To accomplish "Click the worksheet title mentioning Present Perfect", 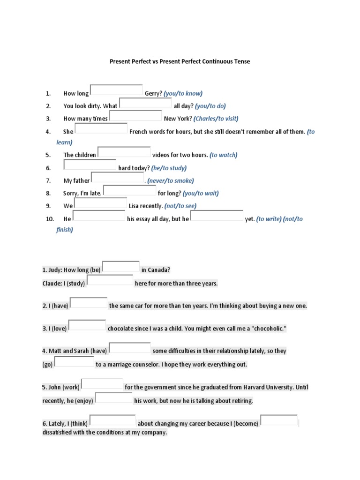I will coord(180,61).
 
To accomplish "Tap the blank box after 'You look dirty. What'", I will coord(145,103).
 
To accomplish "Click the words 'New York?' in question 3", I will coord(178,119).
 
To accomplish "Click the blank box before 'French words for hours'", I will coord(101,128).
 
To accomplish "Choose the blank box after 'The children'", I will coord(124,152).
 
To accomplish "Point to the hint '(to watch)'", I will coord(224,155).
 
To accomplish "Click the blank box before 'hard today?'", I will coord(90,165).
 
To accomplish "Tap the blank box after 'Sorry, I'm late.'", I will coord(129,190).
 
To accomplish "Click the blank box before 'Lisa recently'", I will coord(100,203).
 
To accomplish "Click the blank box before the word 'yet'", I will coord(217,216).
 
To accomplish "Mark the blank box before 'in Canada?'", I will coord(121,267).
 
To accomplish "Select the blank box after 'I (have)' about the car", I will coord(89,303).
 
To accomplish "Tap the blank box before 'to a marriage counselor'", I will coord(75,361).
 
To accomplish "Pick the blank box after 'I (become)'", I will coord(279,420).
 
